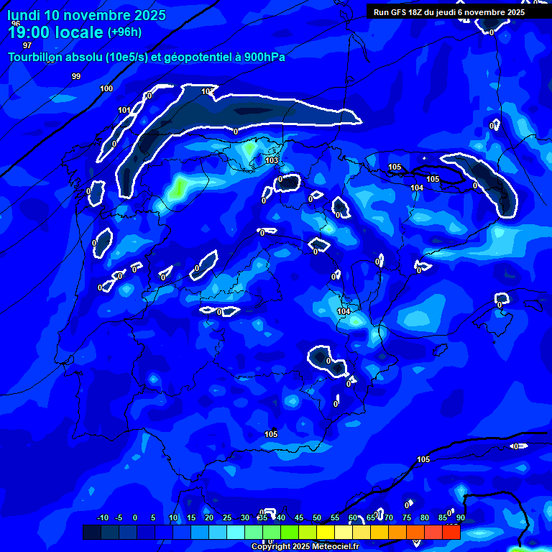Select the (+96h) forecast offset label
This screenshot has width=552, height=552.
point(124,32)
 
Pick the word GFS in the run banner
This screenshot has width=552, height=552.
point(400,12)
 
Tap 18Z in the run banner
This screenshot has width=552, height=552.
point(418,12)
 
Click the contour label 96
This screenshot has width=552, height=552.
point(16,24)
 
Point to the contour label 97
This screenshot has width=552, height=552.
point(27,45)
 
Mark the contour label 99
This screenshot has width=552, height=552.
point(76,76)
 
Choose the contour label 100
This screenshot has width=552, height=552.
point(106,88)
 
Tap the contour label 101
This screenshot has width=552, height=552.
point(124,110)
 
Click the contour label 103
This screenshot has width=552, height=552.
point(272,160)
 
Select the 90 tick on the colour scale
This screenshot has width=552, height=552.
point(460,517)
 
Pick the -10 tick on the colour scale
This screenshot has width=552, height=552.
point(102,517)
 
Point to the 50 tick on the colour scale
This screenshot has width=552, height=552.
point(317,517)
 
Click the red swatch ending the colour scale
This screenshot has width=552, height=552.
point(451,532)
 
